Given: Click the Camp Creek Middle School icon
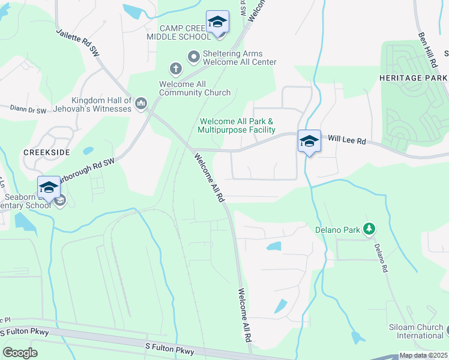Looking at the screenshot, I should point(217,22).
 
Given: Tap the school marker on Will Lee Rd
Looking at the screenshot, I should point(309,142).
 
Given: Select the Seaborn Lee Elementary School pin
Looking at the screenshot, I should point(49,187).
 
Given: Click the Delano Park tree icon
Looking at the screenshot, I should point(369,229).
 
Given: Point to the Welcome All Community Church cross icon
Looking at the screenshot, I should point(176,68).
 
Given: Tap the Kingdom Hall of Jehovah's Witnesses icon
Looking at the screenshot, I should point(141,104).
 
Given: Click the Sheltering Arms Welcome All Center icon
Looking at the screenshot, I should point(194,57).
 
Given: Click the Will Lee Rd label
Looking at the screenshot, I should point(346,139).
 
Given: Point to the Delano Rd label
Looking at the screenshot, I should point(381,259).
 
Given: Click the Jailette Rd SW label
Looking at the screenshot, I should point(77,43).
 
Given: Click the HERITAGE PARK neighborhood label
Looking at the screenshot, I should point(413,79).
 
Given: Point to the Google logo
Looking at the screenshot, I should point(20,353).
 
